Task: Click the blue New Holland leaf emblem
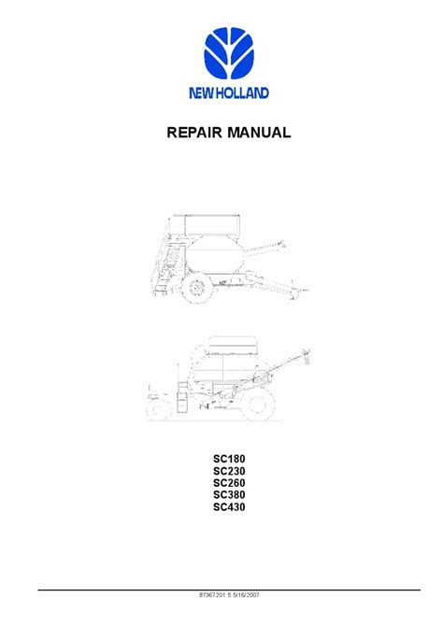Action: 228,52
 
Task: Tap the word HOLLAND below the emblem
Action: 240,93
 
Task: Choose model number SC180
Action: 229,459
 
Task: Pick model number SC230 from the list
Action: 229,471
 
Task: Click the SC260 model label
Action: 229,483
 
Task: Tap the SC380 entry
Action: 229,495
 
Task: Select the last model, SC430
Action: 229,507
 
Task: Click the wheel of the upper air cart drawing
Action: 197,287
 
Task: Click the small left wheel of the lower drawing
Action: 159,409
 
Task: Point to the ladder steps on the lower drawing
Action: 182,397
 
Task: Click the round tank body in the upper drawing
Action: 215,254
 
